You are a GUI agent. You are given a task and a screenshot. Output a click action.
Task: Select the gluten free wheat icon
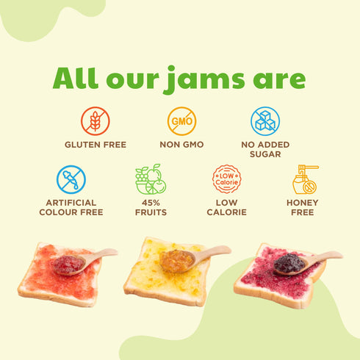point(95,121)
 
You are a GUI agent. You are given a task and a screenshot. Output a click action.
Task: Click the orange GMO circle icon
point(180,120)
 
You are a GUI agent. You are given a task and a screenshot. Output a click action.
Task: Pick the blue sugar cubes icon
point(264,120)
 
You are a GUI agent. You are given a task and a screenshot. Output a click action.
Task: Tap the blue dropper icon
point(71,179)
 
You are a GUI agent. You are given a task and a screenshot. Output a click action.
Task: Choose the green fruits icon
point(151,179)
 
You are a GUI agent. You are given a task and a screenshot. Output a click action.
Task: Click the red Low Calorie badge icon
point(226,179)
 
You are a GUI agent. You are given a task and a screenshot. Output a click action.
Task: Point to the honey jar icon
point(304,179)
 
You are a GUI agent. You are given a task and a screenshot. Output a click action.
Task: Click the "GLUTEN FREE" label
point(95,145)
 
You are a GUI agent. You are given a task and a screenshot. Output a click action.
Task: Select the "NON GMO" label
point(180,145)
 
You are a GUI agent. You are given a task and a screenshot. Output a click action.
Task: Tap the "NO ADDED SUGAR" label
point(264,150)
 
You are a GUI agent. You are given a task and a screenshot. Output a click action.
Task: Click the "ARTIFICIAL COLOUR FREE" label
point(71,207)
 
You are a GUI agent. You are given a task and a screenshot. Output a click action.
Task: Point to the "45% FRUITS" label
point(151,207)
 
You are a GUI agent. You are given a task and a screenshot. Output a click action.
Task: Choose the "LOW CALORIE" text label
point(226,207)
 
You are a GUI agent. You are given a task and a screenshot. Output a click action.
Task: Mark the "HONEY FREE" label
point(304,207)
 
